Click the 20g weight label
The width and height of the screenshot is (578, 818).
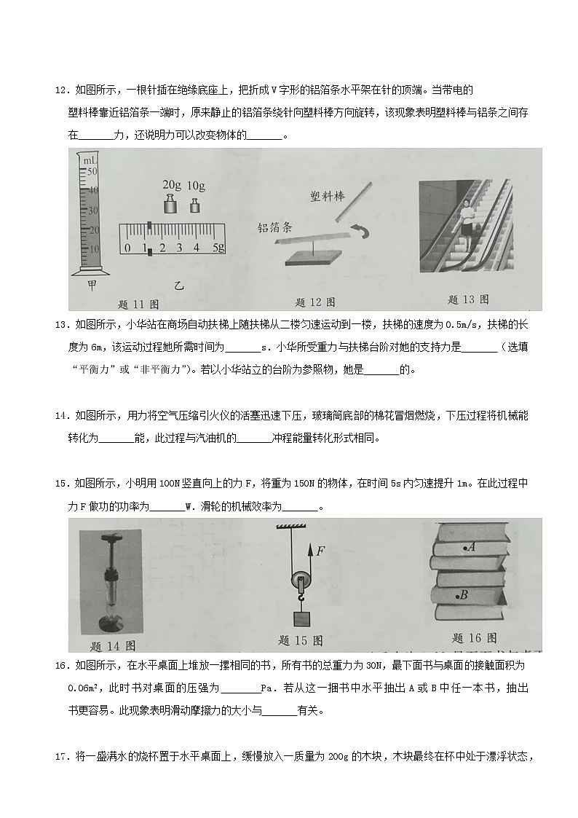coord(171,185)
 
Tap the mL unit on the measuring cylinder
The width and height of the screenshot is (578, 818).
coord(89,160)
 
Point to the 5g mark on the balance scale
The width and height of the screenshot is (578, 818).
coord(216,248)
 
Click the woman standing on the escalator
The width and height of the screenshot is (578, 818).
coord(464,216)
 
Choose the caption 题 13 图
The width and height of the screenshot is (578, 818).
coord(467,299)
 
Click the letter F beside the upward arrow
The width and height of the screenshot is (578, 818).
coord(320,551)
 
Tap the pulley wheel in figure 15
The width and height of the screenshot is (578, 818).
coord(298,582)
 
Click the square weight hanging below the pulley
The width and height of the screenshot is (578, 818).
coord(299,619)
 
